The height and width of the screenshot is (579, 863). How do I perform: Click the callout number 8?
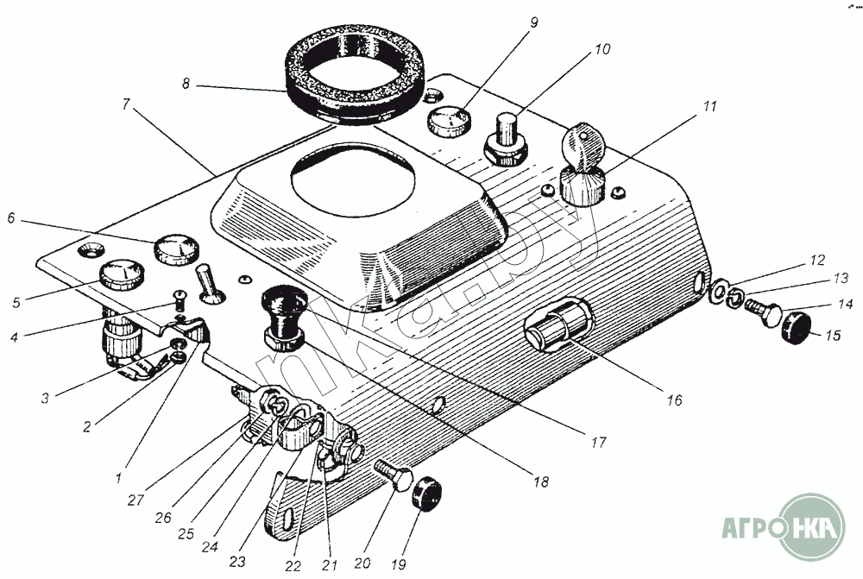point(186,85)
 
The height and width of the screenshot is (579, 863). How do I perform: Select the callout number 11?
point(710,105)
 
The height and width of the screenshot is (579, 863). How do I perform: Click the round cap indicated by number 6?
point(176,249)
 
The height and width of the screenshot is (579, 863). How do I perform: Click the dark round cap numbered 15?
point(797,328)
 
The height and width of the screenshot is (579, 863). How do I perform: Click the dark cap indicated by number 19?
point(428,494)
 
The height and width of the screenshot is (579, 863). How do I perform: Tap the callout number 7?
point(126,104)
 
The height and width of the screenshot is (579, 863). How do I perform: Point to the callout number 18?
point(541,481)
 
